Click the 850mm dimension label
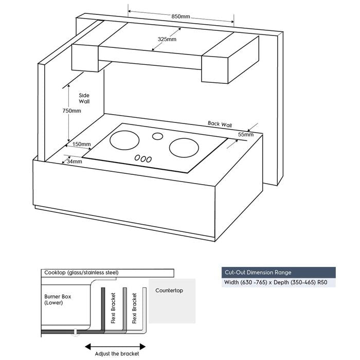181,16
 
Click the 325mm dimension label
167,39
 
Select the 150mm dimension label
82,144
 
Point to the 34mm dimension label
74,161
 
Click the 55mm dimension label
245,134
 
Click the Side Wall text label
84,98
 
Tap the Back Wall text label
220,124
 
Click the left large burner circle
124,140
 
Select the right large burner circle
184,148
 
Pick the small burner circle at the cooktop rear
157,136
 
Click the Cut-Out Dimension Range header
257,273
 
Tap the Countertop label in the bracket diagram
169,291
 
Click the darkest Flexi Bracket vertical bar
103,309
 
